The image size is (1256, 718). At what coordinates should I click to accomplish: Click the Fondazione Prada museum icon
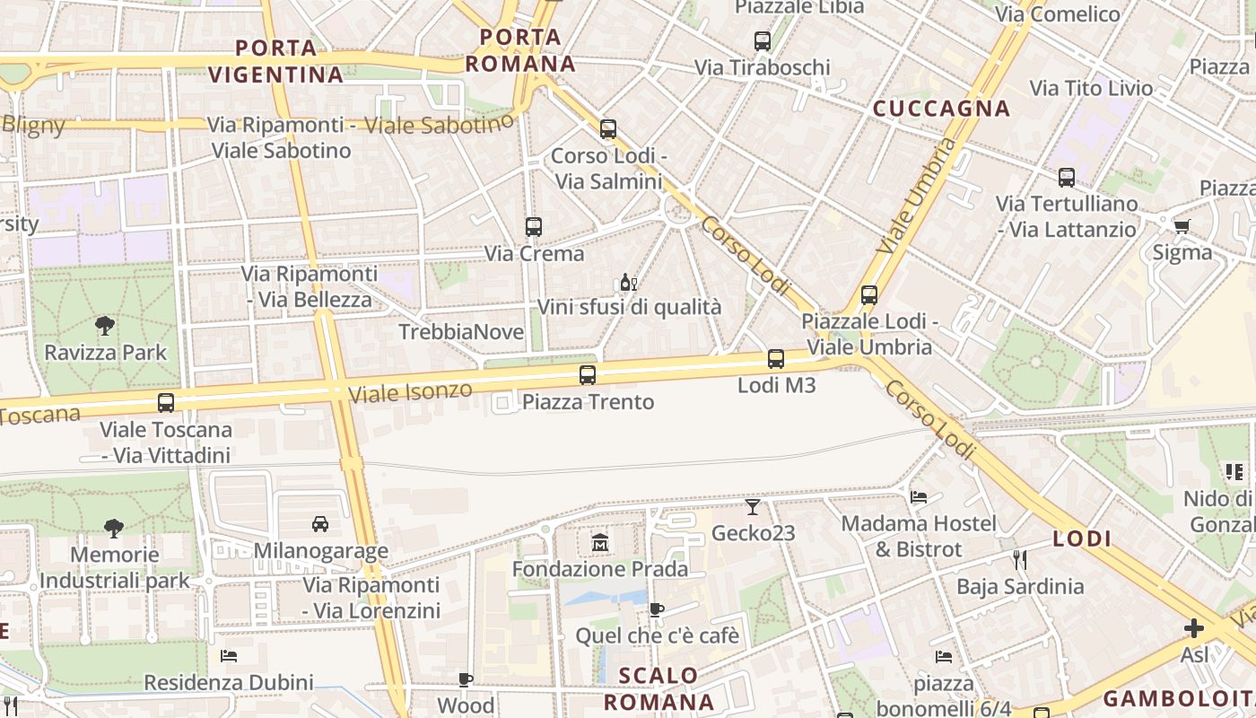pos(600,543)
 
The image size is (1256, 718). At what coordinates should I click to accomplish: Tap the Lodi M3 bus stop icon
pos(776,360)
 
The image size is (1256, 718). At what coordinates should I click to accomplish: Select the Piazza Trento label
pos(588,402)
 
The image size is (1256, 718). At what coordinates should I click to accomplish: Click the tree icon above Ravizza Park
pos(105,326)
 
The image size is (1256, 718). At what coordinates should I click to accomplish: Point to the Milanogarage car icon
pos(320,523)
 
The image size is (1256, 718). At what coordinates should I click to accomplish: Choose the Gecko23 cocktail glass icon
pos(753,507)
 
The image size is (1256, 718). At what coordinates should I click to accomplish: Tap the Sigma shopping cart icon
pos(1182,226)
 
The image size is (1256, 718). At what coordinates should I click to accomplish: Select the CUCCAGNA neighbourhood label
pos(942,109)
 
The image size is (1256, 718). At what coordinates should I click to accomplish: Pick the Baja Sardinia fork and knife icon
pos(1019,560)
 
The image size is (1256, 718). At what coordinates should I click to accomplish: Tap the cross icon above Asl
pos(1193,628)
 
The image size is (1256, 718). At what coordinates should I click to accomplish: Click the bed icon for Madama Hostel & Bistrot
pos(919,496)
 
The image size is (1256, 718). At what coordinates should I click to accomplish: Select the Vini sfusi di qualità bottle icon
pos(628,283)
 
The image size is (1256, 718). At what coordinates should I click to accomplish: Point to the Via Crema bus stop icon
pos(534,227)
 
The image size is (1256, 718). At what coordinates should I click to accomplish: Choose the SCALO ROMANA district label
pos(659,688)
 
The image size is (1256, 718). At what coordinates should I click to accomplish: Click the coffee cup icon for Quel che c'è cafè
pos(657,610)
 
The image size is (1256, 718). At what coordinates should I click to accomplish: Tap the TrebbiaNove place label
pos(461,332)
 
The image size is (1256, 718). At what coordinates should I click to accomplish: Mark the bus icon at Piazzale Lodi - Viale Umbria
pos(868,295)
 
